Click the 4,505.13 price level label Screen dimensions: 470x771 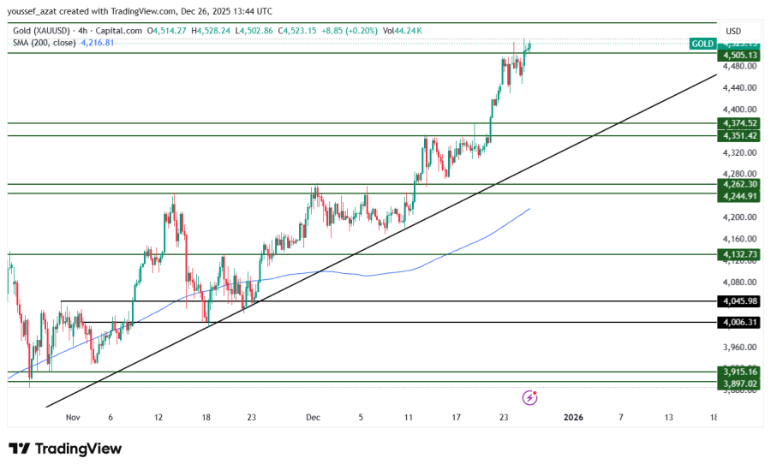point(741,55)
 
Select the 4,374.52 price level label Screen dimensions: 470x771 point(741,123)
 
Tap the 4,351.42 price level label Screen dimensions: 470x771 point(741,136)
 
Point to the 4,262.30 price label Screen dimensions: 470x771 point(741,184)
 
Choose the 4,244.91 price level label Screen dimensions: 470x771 point(741,196)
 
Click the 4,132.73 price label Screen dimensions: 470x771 point(741,254)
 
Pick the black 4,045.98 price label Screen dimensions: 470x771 point(741,301)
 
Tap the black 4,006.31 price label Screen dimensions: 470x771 point(741,322)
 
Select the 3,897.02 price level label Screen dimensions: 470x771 point(741,384)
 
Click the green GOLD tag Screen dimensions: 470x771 point(702,44)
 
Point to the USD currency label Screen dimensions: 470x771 point(733,31)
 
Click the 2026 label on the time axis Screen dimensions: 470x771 point(573,418)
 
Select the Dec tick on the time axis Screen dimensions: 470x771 point(313,418)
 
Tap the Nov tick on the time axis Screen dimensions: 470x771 point(72,418)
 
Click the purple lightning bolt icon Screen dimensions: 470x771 point(530,397)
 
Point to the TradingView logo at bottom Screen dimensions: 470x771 point(65,449)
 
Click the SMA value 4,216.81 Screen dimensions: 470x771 point(98,42)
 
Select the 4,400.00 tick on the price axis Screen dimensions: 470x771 point(739,110)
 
